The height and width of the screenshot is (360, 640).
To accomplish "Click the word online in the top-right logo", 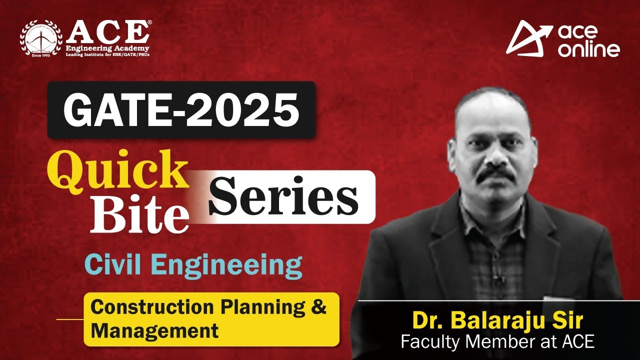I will tap(589, 49).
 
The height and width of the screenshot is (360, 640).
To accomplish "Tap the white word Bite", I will tap(139, 215).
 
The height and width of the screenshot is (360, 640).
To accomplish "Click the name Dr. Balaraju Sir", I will tap(497, 320).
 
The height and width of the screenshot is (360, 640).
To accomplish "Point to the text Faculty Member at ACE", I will tap(497, 342).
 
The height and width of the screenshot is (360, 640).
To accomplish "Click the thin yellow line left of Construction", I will tap(69, 319).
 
